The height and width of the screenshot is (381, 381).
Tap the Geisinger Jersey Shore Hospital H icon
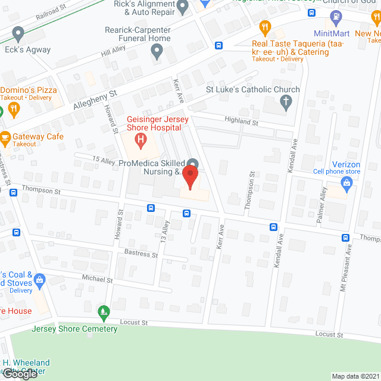[140, 141]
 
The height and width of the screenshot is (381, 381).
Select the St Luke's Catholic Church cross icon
[286, 102]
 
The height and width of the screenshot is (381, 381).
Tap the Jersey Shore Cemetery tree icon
[105, 311]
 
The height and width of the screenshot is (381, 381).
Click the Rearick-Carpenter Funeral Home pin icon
[157, 53]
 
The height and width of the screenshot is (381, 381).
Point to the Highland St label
[241, 122]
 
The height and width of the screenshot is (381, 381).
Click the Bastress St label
[141, 254]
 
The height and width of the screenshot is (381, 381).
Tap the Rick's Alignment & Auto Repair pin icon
[183, 7]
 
